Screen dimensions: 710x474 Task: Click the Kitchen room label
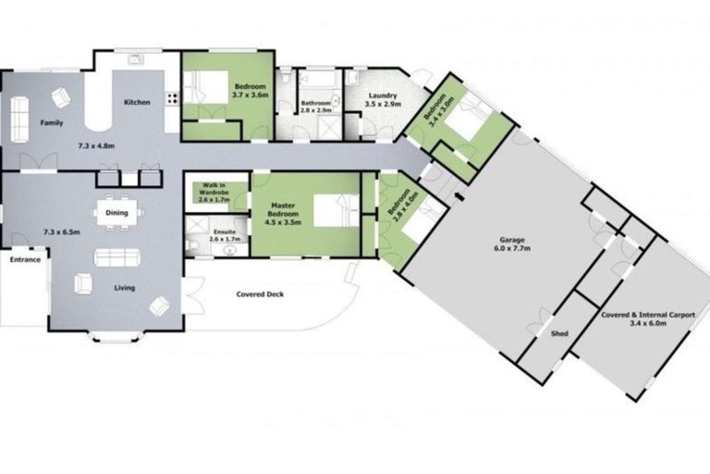click(x=137, y=103)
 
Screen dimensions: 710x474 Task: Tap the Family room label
click(x=52, y=123)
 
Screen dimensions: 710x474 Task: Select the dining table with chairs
click(x=116, y=213)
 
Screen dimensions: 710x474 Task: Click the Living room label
click(x=125, y=288)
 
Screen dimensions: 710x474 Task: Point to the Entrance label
click(x=25, y=260)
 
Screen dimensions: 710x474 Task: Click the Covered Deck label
click(x=260, y=294)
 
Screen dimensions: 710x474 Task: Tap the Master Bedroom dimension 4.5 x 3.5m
click(x=283, y=222)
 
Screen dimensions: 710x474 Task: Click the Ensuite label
click(x=225, y=231)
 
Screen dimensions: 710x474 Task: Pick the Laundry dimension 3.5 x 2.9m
click(x=383, y=104)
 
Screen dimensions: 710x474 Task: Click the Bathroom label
click(x=315, y=104)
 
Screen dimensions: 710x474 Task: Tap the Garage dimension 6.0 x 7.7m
click(x=512, y=248)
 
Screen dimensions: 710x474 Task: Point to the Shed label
click(x=559, y=333)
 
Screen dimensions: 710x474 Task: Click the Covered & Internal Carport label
click(x=648, y=315)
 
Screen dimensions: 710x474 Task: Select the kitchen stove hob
click(x=172, y=98)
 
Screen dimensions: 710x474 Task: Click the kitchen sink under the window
click(x=135, y=59)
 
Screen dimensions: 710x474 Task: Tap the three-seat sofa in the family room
click(x=19, y=118)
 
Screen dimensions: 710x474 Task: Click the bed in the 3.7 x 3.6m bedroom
click(x=206, y=87)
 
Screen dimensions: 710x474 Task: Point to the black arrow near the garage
click(x=459, y=196)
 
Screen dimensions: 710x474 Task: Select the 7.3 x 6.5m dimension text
click(x=62, y=232)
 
